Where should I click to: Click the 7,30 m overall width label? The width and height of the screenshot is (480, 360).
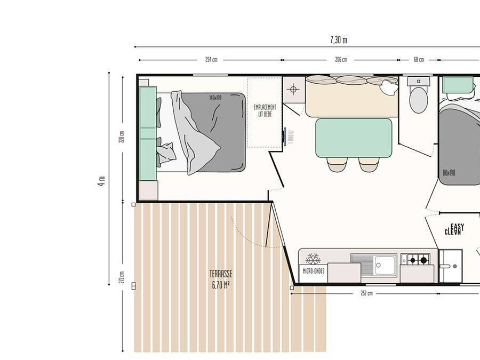click(x=338, y=40)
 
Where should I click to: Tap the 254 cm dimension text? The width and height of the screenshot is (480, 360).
click(x=211, y=60)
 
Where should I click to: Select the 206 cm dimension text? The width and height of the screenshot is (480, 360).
click(x=341, y=60)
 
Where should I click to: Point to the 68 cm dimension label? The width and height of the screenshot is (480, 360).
click(x=419, y=60)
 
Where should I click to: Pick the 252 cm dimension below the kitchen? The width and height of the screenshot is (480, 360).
click(x=366, y=293)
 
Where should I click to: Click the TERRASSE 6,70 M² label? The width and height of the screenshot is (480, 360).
click(x=221, y=278)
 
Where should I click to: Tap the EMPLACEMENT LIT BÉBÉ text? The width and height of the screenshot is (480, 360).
click(x=265, y=110)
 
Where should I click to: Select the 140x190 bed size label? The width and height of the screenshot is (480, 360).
click(x=216, y=98)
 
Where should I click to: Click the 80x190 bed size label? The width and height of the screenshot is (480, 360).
click(x=449, y=173)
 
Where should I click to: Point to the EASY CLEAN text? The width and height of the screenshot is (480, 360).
click(x=454, y=229)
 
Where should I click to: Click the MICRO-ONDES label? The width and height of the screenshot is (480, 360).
click(x=313, y=271)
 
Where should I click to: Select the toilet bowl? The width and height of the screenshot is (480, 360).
click(x=418, y=99)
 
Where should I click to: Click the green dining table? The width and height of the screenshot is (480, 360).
click(x=354, y=138)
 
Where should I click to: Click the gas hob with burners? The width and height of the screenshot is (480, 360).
click(x=415, y=259)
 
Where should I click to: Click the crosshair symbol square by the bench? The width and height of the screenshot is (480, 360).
click(x=293, y=89)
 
